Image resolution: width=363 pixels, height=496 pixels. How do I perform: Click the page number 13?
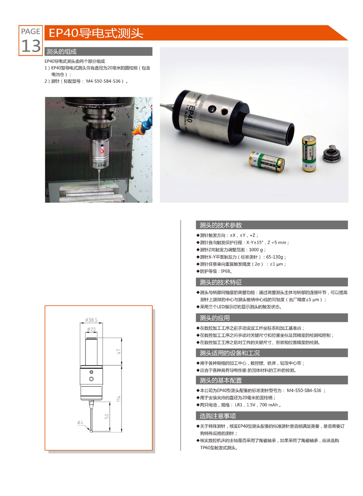[x=31, y=46]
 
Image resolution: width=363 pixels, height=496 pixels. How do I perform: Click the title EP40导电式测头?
[x=96, y=33]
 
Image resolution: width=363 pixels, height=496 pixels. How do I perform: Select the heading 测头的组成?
[x=61, y=52]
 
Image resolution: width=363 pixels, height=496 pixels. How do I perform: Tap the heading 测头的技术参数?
[x=221, y=225]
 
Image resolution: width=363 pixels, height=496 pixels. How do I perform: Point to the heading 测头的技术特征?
[x=221, y=282]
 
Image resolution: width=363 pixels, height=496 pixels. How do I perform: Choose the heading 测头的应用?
[x=215, y=318]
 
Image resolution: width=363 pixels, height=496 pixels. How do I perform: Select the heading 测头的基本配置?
[x=221, y=380]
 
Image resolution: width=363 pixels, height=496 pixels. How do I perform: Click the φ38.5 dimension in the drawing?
[x=91, y=320]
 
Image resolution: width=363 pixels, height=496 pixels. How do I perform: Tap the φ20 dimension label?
[x=91, y=329]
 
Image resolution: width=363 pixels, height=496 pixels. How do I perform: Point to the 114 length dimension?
[x=119, y=398]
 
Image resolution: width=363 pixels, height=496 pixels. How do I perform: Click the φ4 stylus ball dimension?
[x=80, y=422]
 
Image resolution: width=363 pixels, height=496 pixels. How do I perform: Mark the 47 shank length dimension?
[x=119, y=351]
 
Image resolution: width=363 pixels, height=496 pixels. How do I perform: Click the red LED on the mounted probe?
[x=102, y=152]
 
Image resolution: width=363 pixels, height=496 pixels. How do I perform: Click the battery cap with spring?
[x=332, y=153]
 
